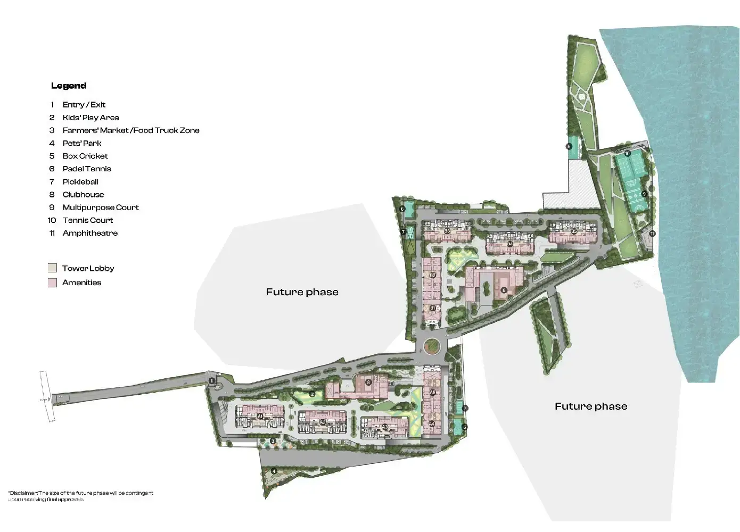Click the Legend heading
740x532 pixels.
pos(69,86)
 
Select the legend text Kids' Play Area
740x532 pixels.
pos(91,118)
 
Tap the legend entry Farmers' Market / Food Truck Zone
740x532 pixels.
pos(130,130)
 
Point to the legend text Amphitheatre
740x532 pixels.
pos(90,233)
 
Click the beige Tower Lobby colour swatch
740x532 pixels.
pos(52,268)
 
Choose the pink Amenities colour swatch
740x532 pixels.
pos(52,282)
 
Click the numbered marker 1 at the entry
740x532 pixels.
pos(212,380)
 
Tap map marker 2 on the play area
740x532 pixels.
pos(313,394)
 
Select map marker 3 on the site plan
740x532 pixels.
pos(273,441)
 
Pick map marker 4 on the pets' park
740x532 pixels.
pos(274,471)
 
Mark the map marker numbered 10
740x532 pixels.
pos(627,154)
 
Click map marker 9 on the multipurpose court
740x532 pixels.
pos(644,194)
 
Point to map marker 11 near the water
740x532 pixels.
pos(653,233)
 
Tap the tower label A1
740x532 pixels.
pos(260,416)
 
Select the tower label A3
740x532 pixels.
pos(384,427)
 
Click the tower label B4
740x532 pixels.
pos(509,244)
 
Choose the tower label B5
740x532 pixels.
pos(574,232)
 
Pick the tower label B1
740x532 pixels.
pos(432,308)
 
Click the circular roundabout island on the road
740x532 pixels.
pos(432,347)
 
